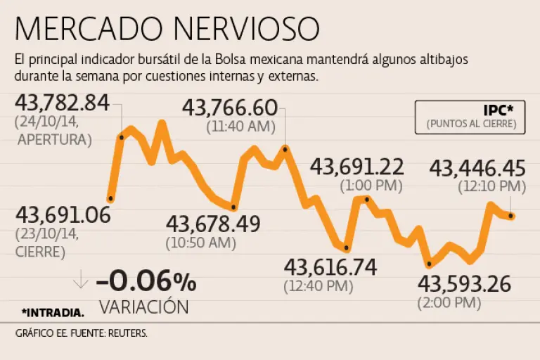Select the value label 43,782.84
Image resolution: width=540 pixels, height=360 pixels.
[63, 103]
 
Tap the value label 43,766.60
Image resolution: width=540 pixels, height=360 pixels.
[230, 108]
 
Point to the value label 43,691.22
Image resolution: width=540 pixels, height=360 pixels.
[357, 167]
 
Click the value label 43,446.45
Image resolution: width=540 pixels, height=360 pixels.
[477, 168]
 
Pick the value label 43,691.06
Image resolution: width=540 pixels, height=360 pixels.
[63, 214]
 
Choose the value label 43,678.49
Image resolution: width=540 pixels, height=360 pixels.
[213, 224]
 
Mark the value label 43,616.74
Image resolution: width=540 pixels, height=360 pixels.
[330, 267]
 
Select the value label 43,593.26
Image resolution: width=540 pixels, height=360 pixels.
[464, 284]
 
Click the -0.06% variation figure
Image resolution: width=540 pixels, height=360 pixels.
[146, 282]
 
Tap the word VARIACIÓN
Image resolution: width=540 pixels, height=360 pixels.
[143, 307]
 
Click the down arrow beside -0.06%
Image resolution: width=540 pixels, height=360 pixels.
[81, 279]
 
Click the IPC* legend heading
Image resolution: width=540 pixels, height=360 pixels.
[499, 110]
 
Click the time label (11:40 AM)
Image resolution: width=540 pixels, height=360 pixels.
[240, 128]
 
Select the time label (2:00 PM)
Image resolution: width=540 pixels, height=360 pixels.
[449, 303]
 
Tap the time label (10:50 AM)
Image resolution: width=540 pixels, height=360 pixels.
[201, 244]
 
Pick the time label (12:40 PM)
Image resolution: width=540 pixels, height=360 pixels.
[319, 286]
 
